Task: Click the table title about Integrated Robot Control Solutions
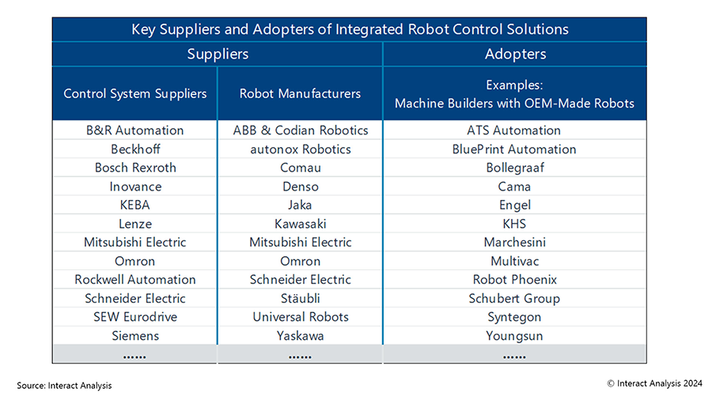click(x=350, y=29)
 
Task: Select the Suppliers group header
click(x=218, y=54)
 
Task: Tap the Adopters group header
click(x=515, y=54)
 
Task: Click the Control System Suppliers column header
click(x=134, y=94)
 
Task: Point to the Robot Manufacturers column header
click(x=300, y=94)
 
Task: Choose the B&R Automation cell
click(x=134, y=130)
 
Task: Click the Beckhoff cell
click(x=135, y=149)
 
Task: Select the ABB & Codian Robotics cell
click(x=301, y=130)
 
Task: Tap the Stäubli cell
click(x=300, y=298)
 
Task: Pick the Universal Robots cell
click(x=301, y=317)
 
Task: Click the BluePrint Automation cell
click(x=514, y=149)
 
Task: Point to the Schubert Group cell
click(x=514, y=299)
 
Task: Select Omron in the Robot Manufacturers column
click(x=300, y=261)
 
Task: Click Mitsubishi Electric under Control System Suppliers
click(x=134, y=243)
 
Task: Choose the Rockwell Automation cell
click(x=134, y=280)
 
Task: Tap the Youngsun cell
click(x=514, y=336)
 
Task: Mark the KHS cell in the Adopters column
click(x=514, y=224)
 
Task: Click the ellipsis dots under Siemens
click(x=134, y=357)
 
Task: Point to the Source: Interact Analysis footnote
click(x=64, y=386)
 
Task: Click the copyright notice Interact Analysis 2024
click(x=654, y=383)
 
